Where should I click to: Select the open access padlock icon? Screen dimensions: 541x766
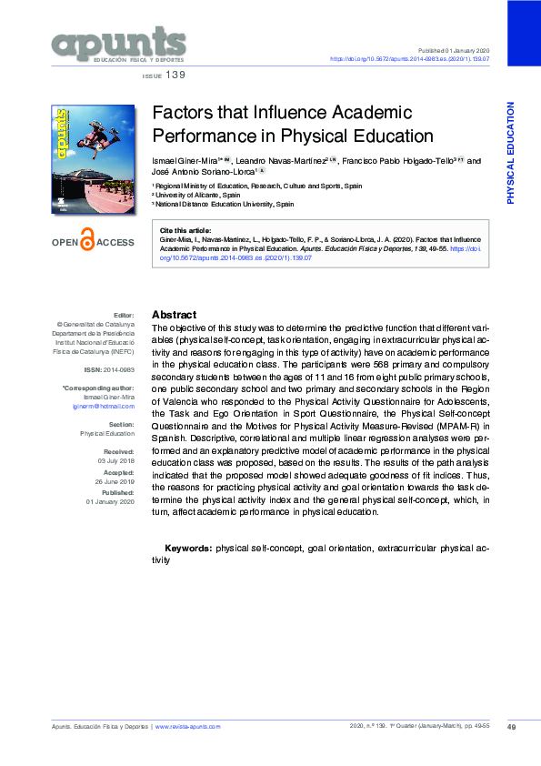click(88, 242)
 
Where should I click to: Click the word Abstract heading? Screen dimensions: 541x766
click(174, 314)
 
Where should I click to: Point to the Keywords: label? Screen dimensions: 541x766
click(188, 549)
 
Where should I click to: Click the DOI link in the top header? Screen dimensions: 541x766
click(409, 58)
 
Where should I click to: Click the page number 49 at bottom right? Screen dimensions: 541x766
click(511, 726)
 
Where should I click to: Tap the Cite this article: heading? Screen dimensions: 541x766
click(185, 231)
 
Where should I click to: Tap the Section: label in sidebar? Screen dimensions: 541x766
click(122, 425)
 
